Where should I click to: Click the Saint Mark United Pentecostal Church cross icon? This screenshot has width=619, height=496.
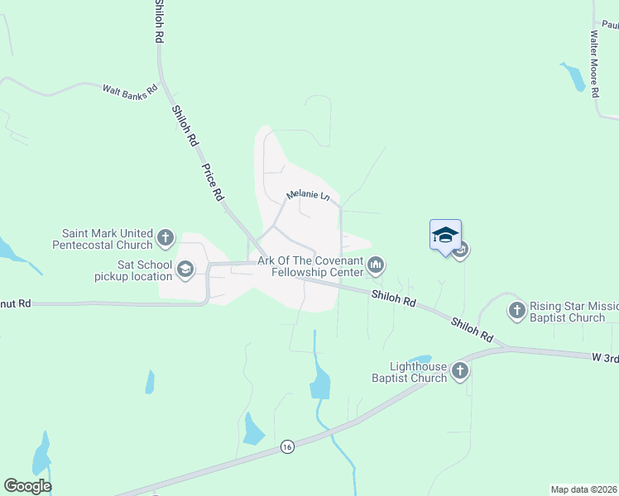165,239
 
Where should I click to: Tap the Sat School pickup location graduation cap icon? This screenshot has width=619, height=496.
185,269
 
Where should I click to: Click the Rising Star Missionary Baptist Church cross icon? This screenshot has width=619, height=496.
517,311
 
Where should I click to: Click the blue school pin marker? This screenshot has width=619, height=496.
445,236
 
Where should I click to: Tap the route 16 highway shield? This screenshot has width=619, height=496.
287,446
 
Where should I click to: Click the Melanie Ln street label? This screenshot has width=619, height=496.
308,195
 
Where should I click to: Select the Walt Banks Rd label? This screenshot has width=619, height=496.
129,90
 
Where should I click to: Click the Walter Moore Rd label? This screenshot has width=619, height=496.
593,64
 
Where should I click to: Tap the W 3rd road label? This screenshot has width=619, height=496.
604,357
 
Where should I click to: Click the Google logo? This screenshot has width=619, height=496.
27,486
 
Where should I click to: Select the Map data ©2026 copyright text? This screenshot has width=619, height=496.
583,489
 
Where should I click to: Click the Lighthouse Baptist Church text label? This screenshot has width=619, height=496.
419,372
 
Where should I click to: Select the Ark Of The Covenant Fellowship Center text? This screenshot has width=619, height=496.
310,266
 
